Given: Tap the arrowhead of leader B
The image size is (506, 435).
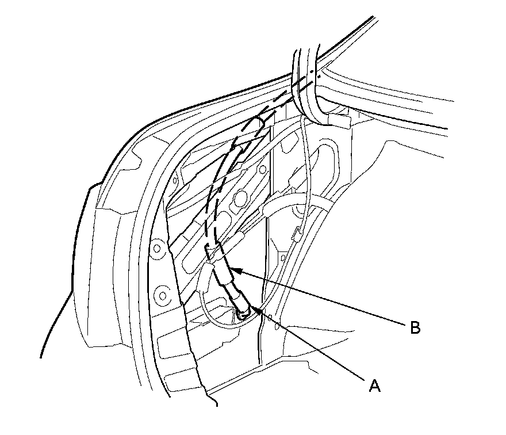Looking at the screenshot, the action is click(236, 269).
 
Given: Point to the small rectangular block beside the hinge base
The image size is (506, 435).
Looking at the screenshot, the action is click(340, 121).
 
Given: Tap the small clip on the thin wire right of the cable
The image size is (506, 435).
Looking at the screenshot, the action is click(297, 234).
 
